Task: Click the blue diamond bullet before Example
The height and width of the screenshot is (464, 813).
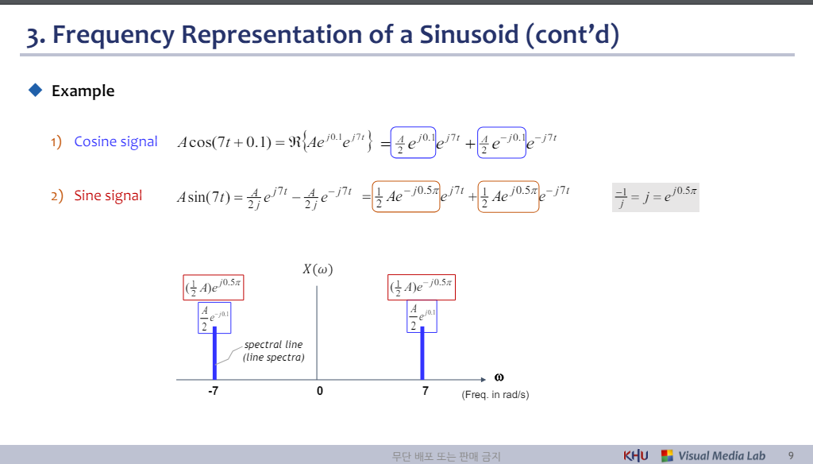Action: [x=35, y=91]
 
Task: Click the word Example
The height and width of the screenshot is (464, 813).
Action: [x=83, y=91]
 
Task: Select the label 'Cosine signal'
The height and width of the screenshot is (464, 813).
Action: [x=116, y=142]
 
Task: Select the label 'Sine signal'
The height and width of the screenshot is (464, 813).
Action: [x=108, y=195]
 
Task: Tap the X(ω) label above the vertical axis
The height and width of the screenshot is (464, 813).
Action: [x=318, y=269]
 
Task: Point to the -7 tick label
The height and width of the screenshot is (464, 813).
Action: [x=213, y=392]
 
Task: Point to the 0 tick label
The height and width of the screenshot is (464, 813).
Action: [x=319, y=392]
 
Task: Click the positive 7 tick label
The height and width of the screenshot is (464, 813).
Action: [x=426, y=392]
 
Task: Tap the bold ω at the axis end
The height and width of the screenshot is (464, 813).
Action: [x=499, y=377]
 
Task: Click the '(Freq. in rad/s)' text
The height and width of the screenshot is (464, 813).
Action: [x=495, y=395]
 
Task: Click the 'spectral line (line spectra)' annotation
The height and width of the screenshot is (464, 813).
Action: [x=273, y=351]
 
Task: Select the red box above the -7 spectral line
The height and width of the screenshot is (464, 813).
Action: [x=214, y=288]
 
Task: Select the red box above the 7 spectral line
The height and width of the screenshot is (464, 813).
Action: [x=422, y=288]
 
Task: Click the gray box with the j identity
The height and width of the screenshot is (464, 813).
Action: [x=656, y=195]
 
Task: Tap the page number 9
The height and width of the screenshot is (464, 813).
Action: [x=791, y=455]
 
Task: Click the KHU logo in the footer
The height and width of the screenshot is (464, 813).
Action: [x=636, y=455]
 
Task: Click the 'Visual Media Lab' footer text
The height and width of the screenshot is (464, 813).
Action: [x=722, y=455]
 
